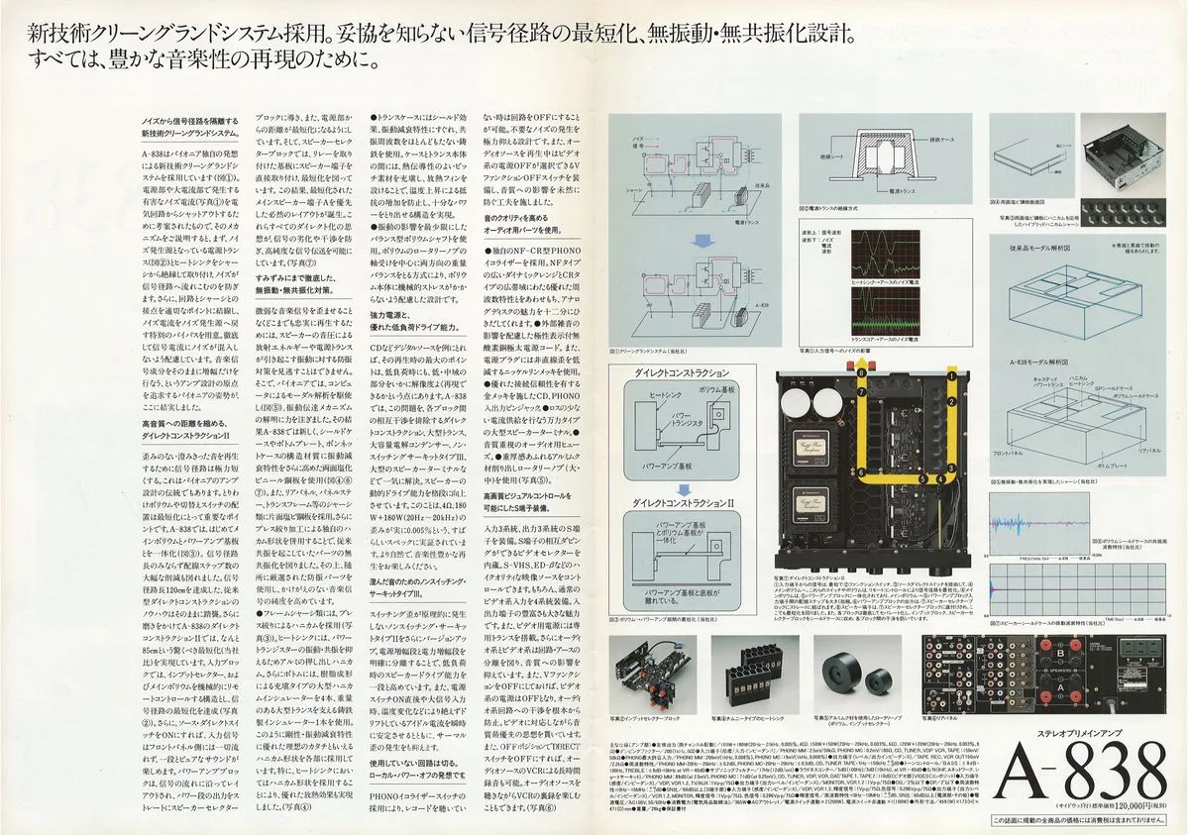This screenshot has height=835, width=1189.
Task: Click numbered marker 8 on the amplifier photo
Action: point(861,371)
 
